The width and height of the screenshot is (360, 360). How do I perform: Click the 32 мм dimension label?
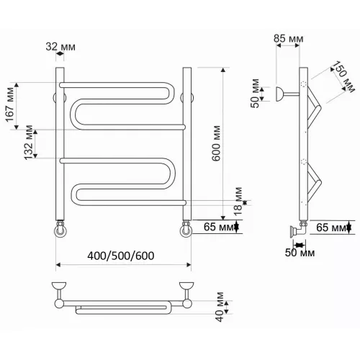[60, 47]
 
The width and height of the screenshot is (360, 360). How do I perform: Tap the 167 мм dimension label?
[10, 105]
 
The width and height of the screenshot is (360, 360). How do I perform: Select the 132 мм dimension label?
[29, 143]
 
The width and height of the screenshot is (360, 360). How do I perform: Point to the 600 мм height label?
[216, 143]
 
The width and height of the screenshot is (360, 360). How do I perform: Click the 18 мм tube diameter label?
[238, 202]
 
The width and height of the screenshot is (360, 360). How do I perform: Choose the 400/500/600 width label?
[121, 256]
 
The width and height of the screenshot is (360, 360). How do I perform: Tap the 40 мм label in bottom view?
[220, 307]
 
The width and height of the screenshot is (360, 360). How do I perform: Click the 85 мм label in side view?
[289, 39]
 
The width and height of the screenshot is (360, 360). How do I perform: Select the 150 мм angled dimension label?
[343, 77]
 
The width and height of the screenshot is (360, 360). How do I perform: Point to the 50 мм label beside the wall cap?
[255, 94]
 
